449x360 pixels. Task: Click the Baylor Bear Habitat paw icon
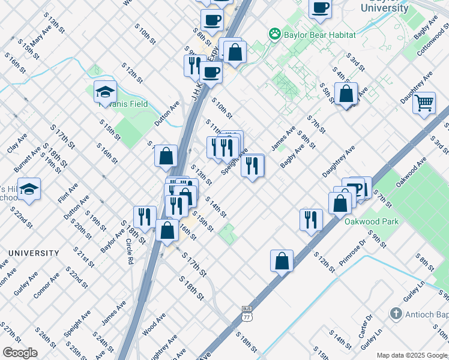coord(275,35)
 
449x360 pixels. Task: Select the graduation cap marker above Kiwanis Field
coord(104,92)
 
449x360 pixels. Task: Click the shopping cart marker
coord(424,103)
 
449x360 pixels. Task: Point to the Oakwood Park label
coord(372,221)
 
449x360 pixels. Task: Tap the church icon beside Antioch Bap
coord(396,314)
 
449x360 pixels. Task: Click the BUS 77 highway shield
coord(246,311)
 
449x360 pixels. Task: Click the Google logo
coord(20,353)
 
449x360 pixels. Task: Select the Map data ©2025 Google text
coord(412,355)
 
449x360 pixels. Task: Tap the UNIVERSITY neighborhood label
coord(29,253)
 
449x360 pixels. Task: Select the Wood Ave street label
coord(154,325)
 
